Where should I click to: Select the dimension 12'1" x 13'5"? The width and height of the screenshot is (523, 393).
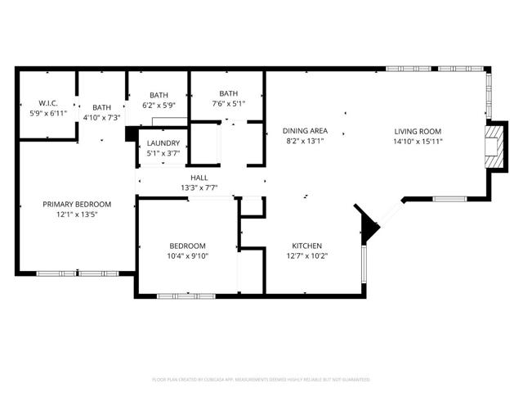(x=77, y=215)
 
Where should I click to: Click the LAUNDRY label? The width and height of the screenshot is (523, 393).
(x=163, y=143)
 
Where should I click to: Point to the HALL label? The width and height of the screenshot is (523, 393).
(x=199, y=177)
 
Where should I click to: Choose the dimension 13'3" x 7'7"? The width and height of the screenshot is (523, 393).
(x=199, y=187)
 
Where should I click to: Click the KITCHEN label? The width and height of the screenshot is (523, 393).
(x=307, y=246)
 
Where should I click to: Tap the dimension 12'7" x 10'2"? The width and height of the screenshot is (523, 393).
(x=307, y=255)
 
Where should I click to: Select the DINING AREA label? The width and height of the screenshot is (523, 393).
(x=306, y=131)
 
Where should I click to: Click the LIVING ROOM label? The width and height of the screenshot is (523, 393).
(x=418, y=131)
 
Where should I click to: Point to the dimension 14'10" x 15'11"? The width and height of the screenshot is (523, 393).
(x=418, y=141)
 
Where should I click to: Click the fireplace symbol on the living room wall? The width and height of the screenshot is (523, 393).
(x=494, y=146)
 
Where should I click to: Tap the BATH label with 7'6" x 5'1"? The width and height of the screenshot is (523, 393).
(x=228, y=93)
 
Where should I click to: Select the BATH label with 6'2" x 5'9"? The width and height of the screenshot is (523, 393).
(x=159, y=94)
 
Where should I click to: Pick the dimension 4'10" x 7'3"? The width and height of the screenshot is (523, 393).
(x=102, y=117)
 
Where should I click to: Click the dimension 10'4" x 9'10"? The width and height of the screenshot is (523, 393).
(x=187, y=255)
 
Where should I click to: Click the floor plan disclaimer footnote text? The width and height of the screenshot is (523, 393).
(x=261, y=380)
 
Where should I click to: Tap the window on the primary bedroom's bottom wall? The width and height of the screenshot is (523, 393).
(x=77, y=273)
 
